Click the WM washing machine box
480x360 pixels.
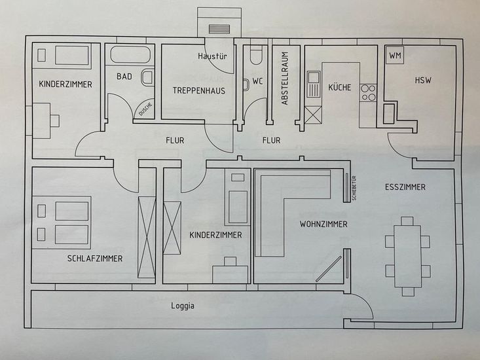pos(395,56)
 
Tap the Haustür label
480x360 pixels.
pos(212,56)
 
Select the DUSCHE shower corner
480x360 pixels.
pos(145,109)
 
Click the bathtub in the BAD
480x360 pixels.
pos(130,55)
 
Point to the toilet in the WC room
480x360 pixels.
pos(256,55)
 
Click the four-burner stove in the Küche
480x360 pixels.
pos(368,93)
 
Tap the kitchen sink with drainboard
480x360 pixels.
pos(314,84)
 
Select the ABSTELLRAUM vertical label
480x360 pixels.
pos(285,79)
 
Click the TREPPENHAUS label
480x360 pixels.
pos(199,90)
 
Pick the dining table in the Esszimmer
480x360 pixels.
pos(407,256)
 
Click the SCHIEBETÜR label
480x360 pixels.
pos(354,188)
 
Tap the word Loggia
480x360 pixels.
pos(183,306)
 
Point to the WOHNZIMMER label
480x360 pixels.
pos(323,225)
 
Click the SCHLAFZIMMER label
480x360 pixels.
pos(95,259)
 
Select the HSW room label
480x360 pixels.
pos(423,80)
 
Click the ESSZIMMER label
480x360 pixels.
pos(405,187)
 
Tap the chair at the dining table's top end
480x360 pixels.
pos(407,221)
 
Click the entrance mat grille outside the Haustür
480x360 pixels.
pos(219,29)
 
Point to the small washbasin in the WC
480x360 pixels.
pos(246,85)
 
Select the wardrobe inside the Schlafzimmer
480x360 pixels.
pos(147,238)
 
